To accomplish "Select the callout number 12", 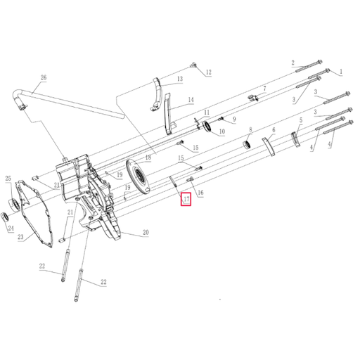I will click(209, 72).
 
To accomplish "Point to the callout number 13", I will click(179, 80).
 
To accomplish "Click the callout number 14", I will click(190, 101).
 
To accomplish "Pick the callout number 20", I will click(146, 233).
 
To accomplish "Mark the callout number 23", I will click(20, 238).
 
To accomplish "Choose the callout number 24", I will click(10, 229).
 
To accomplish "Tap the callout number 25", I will click(8, 178).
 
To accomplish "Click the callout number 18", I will click(148, 158).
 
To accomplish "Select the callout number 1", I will click(340, 72).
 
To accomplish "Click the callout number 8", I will click(250, 129).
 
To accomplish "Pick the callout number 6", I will click(274, 131).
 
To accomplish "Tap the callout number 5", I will click(300, 120).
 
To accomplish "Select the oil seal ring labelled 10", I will click(208, 126).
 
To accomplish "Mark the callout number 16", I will click(200, 193).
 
